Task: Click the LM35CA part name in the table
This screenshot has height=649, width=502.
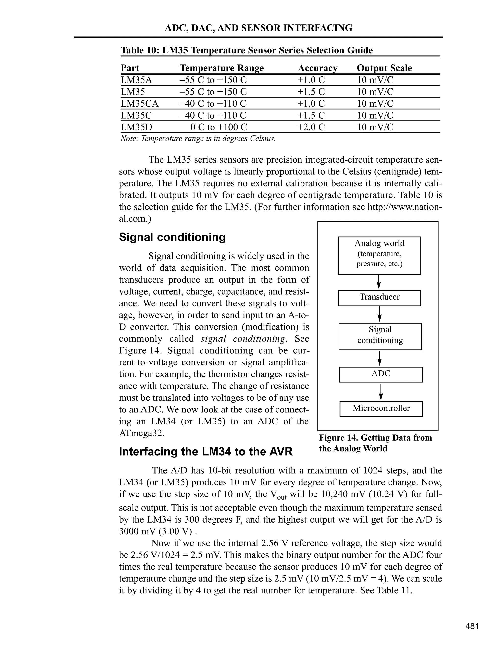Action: click(139, 104)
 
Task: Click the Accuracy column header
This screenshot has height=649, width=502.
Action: click(317, 68)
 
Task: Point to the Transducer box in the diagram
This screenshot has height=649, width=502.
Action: click(379, 298)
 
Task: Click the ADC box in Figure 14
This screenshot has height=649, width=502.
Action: click(381, 374)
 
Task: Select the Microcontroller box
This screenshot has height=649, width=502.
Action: click(381, 409)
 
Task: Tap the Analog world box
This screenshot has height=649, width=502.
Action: click(379, 255)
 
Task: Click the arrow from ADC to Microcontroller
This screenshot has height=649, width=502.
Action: click(381, 392)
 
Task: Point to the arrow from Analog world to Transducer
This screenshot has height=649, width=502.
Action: click(379, 282)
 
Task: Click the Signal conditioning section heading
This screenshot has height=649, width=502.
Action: click(172, 237)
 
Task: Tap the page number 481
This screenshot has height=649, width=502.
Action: click(472, 626)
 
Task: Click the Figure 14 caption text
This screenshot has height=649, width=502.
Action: click(375, 443)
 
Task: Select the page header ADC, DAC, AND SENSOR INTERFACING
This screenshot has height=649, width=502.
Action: click(258, 28)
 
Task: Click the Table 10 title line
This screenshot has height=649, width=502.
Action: click(246, 50)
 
